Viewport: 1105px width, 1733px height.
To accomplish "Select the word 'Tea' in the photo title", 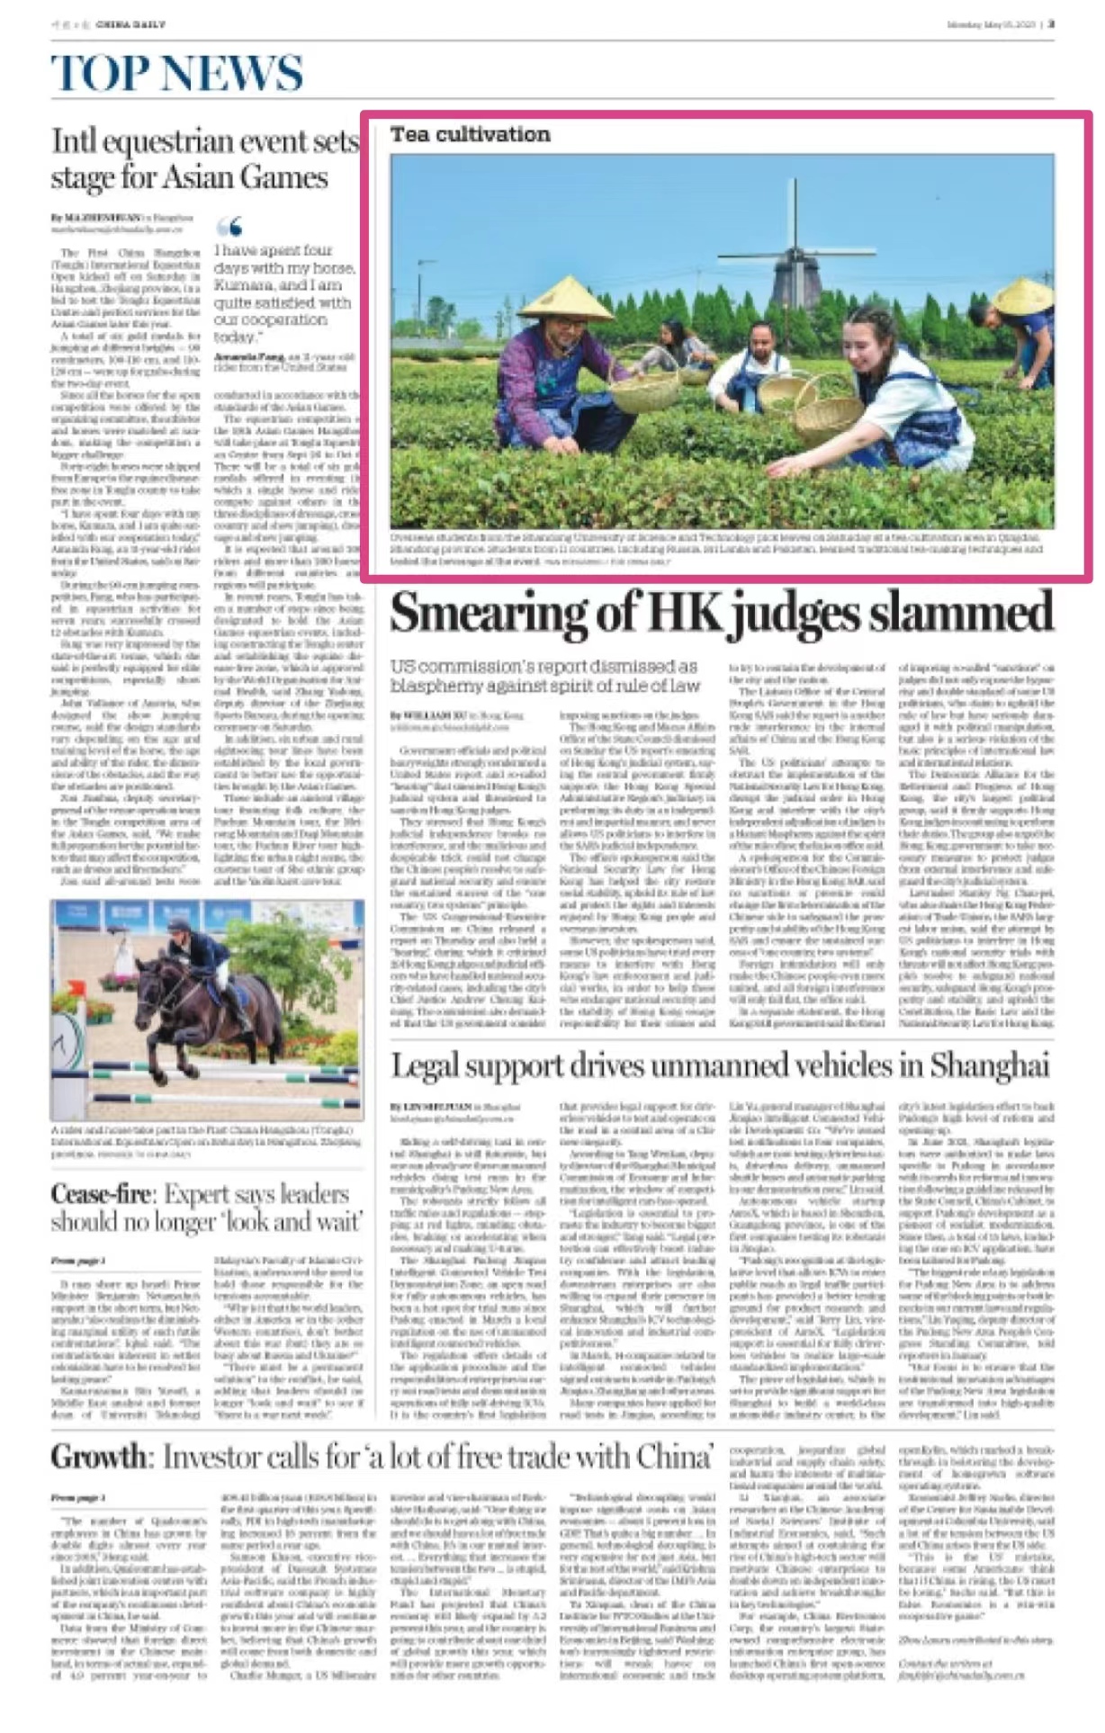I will click(409, 135).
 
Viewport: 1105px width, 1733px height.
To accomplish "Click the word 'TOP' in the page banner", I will click(98, 73).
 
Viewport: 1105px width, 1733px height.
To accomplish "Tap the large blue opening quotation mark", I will click(229, 226).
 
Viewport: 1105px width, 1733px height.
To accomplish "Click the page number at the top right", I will click(1051, 24).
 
